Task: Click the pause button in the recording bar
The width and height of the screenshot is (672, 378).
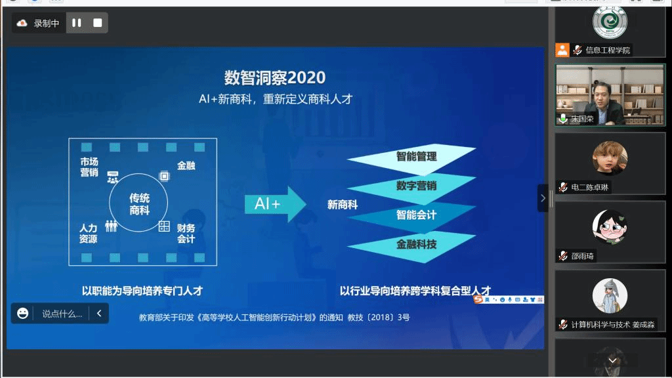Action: pyautogui.click(x=77, y=23)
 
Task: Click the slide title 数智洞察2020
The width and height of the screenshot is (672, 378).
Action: pyautogui.click(x=275, y=77)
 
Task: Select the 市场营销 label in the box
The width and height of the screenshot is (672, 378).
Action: pyautogui.click(x=89, y=167)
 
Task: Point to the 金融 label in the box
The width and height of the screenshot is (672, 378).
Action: pyautogui.click(x=186, y=165)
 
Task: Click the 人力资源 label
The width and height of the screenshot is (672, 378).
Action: pyautogui.click(x=89, y=234)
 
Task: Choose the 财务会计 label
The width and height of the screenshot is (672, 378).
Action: pyautogui.click(x=186, y=234)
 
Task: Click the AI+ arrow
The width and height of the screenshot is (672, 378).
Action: pyautogui.click(x=275, y=204)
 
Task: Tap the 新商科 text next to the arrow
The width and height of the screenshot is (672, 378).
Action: pyautogui.click(x=343, y=205)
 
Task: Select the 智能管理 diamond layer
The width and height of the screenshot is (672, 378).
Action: pyautogui.click(x=412, y=158)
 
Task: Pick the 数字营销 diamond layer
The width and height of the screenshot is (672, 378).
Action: pyautogui.click(x=412, y=188)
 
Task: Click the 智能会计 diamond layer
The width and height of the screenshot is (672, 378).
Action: pyautogui.click(x=412, y=217)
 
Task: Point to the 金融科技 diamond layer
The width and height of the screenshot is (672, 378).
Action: pyautogui.click(x=412, y=246)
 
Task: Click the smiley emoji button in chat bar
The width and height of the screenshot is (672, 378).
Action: pyautogui.click(x=22, y=313)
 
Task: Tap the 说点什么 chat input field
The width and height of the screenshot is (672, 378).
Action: pyautogui.click(x=62, y=314)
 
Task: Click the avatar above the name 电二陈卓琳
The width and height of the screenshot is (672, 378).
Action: pyautogui.click(x=610, y=157)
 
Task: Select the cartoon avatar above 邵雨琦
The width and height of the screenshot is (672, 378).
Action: pyautogui.click(x=610, y=226)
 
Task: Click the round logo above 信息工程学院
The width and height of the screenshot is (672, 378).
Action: pyautogui.click(x=610, y=22)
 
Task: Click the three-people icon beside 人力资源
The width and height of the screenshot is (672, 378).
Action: pyautogui.click(x=111, y=226)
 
